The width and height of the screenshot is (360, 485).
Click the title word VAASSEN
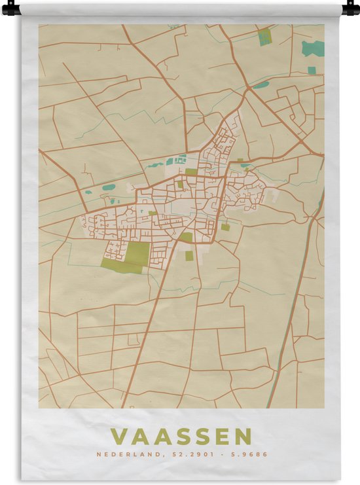[181, 437]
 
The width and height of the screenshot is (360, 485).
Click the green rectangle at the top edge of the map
[264, 37]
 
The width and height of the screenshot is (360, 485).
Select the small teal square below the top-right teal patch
[312, 69]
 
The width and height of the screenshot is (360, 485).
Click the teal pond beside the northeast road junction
[262, 84]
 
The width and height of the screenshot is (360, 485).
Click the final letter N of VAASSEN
[242, 437]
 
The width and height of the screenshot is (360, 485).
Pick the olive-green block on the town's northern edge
[190, 172]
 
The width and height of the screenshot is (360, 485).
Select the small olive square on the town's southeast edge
[225, 227]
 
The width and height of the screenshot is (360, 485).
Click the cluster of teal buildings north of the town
[176, 159]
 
